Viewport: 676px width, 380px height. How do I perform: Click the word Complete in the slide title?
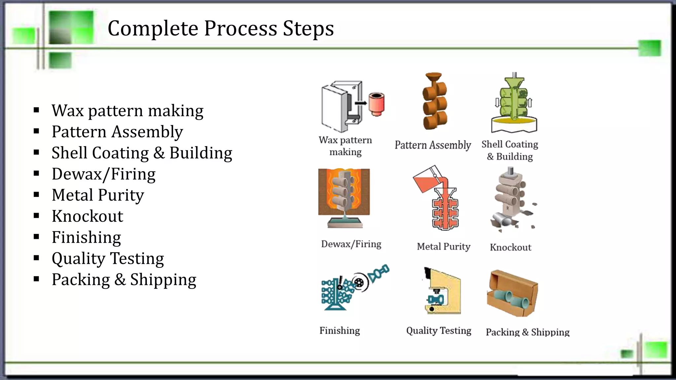click(152, 28)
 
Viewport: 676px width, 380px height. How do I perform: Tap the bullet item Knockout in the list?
click(87, 216)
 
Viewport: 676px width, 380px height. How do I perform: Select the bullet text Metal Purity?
click(98, 195)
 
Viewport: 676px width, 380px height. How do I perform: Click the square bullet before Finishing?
click(36, 237)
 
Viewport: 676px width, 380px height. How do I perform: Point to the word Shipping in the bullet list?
click(163, 280)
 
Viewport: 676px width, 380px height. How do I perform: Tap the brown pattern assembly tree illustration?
click(434, 102)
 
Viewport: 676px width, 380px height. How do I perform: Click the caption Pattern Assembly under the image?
click(433, 145)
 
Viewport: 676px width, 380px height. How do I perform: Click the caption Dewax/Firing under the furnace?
click(351, 244)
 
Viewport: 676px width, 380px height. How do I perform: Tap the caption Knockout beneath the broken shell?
click(510, 247)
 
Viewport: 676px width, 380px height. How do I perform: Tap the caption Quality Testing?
click(439, 331)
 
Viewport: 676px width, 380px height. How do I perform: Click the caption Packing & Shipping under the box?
click(527, 332)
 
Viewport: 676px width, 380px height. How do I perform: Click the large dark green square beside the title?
click(71, 27)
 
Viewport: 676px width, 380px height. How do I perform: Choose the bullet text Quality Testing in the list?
click(108, 259)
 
